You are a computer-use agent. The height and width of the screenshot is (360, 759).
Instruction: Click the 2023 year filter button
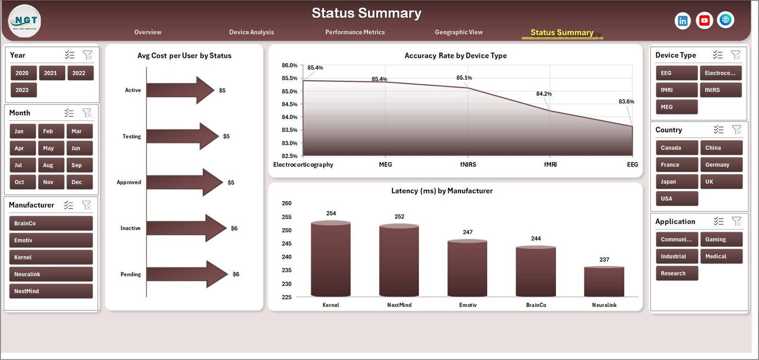(23, 90)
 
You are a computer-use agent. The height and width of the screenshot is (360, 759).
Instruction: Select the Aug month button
(51, 165)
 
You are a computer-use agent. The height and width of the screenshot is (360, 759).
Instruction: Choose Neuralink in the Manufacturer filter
(51, 274)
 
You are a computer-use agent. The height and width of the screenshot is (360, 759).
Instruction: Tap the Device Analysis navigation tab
(251, 32)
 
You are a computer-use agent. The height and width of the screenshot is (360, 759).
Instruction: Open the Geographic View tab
(459, 32)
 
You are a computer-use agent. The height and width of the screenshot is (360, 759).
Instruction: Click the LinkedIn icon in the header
(682, 21)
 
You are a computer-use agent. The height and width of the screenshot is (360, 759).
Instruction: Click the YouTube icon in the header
(704, 20)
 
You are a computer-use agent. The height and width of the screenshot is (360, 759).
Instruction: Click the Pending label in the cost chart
(130, 275)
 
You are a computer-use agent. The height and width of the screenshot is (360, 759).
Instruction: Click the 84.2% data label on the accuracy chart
(544, 94)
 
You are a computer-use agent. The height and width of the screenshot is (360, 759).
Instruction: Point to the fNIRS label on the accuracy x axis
(468, 165)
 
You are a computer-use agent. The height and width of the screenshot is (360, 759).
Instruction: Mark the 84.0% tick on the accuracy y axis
(289, 117)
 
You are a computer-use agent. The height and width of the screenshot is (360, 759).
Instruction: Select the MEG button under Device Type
(676, 107)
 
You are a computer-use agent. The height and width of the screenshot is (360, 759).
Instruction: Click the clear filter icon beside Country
(736, 129)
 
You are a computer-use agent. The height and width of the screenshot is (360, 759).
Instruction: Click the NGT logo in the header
(25, 21)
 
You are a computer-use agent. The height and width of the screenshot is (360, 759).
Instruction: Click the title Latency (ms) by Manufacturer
(442, 191)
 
